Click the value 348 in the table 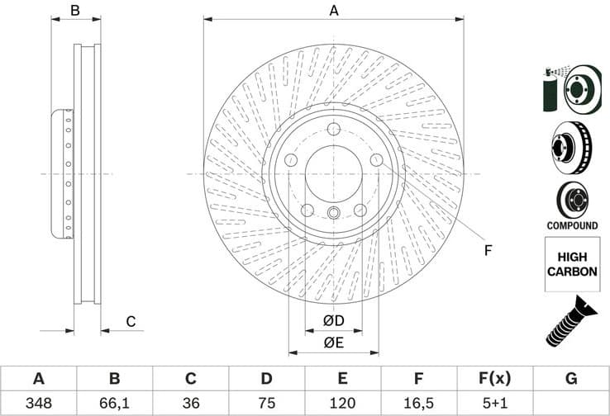38,404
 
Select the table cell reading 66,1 115,404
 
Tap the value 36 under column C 190,404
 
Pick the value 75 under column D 266,404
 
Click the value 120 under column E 342,404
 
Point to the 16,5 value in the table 419,404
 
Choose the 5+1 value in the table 495,404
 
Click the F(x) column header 495,379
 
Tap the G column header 571,379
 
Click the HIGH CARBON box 571,264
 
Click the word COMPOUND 571,225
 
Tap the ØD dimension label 334,319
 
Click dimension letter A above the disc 334,11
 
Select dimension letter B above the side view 74,11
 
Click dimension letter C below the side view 130,322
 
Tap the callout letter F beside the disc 488,250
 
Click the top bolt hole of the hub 334,129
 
